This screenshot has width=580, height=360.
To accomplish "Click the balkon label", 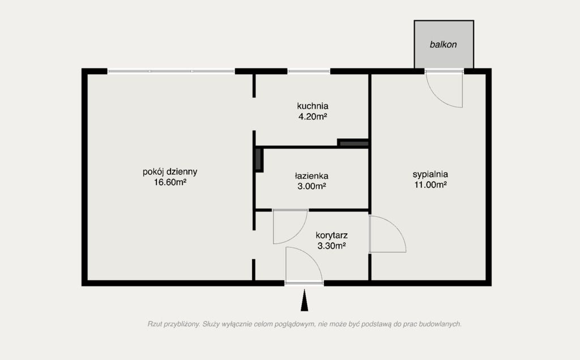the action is point(443,44).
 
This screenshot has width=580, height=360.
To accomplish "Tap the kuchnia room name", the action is point(313,106).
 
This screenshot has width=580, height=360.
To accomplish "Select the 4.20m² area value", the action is point(313,117).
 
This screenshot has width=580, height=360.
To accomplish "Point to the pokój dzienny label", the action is point(170,172).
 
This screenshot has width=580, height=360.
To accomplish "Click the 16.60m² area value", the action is point(170,182).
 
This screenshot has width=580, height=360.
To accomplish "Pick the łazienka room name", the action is point(312,176).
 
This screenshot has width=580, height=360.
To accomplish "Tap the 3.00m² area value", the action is point(312,186).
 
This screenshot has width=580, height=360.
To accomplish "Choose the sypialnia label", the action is point(430,174).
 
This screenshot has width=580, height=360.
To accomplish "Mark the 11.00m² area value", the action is point(430,185).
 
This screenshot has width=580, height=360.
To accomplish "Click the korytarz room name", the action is point(331,235).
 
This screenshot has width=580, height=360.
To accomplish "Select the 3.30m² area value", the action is point(331,246).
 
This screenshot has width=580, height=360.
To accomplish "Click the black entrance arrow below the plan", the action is point(304,300).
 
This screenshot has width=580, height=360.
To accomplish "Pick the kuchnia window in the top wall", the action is point(309,71).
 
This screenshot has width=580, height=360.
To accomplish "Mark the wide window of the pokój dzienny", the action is point(171,71).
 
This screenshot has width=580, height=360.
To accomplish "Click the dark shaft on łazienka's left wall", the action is point(259,160).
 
